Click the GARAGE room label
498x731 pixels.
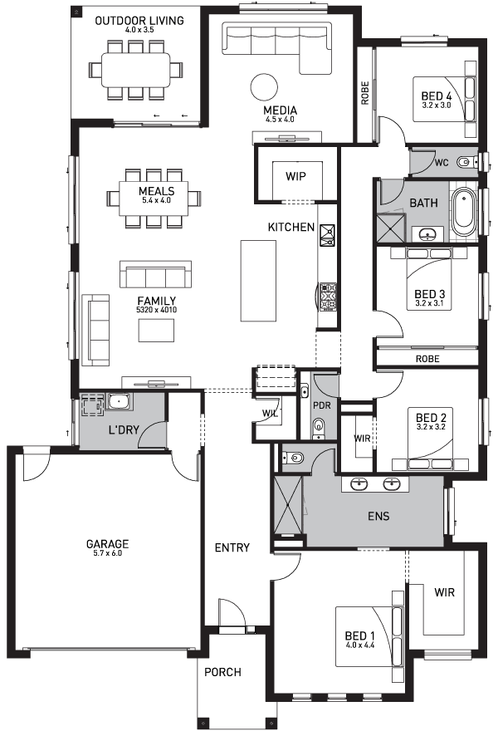tap(107, 545)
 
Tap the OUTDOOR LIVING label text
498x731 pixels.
tap(139, 20)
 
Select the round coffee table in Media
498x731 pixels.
tap(265, 86)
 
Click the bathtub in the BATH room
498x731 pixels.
tap(464, 212)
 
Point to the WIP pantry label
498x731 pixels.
tap(296, 176)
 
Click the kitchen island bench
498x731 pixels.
tap(258, 281)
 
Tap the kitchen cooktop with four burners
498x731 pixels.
tap(328, 295)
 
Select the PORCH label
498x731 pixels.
tap(222, 672)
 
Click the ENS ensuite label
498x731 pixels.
tap(378, 516)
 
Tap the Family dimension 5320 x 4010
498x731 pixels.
tap(157, 310)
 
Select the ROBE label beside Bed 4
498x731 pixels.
tap(364, 92)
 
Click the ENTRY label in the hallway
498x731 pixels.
tap(232, 547)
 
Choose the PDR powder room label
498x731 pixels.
tap(321, 405)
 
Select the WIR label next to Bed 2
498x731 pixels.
tap(362, 439)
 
